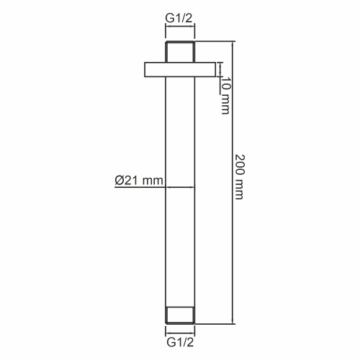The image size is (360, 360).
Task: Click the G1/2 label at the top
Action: (x=179, y=18)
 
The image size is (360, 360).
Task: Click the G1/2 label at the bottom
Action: (x=180, y=342)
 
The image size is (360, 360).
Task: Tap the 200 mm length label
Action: (x=239, y=177)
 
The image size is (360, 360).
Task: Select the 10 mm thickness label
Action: (x=225, y=96)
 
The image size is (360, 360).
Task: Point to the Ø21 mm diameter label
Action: (x=139, y=180)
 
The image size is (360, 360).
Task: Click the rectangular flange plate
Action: (x=180, y=70)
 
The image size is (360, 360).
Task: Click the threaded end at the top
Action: (x=180, y=52)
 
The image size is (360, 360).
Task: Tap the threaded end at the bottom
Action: (x=180, y=315)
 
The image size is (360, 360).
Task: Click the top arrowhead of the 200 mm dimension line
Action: (x=232, y=43)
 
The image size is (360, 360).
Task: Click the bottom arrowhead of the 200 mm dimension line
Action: (x=232, y=321)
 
